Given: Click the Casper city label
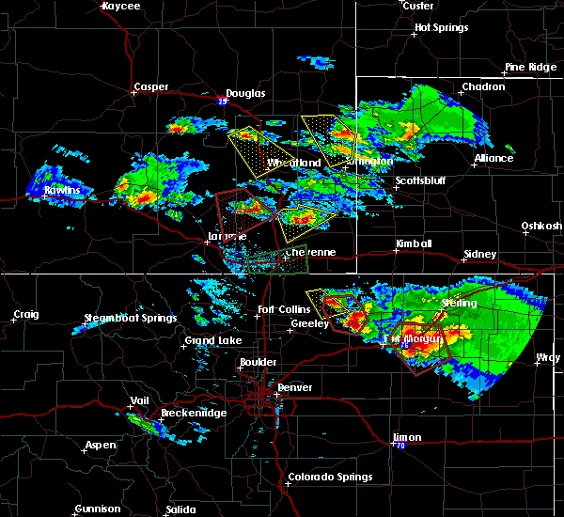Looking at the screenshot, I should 150,87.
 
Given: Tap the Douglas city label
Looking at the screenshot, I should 246,93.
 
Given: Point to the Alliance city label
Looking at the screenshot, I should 493,158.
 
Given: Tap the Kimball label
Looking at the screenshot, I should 414,243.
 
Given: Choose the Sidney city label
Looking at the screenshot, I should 480,255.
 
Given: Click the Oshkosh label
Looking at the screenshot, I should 542,227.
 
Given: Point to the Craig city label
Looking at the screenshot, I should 27,314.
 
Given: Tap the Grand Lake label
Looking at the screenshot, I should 212,340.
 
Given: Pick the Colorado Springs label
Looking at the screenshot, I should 328,477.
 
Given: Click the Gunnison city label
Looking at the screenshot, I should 97,509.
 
